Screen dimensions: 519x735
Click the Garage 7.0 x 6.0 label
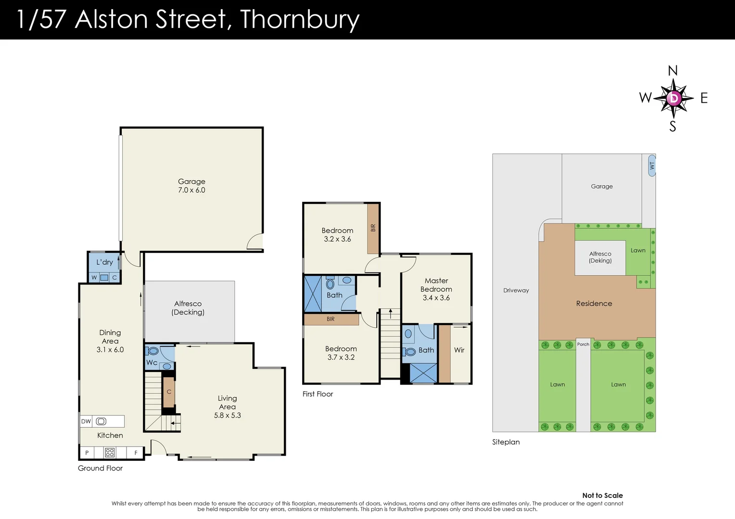click(x=191, y=186)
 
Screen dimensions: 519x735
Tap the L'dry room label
click(x=104, y=262)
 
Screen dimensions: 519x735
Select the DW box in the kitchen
click(x=86, y=421)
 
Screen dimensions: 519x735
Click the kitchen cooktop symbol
click(x=110, y=452)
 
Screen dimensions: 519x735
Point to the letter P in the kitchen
click(x=87, y=453)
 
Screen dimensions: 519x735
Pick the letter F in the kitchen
click(x=136, y=453)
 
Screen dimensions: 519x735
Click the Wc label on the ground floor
click(x=152, y=362)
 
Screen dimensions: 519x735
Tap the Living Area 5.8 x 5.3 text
click(x=228, y=407)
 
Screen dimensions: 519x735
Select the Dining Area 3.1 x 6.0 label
click(x=110, y=341)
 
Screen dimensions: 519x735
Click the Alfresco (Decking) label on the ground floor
click(x=188, y=308)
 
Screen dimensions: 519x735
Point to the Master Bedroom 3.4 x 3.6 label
click(x=436, y=289)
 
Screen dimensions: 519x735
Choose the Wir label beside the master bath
click(x=459, y=350)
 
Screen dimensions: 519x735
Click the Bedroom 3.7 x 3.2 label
click(x=341, y=353)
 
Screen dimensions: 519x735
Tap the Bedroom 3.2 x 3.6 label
click(x=337, y=235)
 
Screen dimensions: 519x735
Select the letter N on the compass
click(x=672, y=71)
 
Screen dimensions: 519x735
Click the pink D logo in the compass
click(x=674, y=99)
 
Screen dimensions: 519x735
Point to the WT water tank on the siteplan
click(x=652, y=165)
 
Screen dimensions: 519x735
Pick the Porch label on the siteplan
click(x=583, y=344)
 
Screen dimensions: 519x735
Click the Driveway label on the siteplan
click(x=516, y=290)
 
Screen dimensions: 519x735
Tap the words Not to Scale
click(x=602, y=495)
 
